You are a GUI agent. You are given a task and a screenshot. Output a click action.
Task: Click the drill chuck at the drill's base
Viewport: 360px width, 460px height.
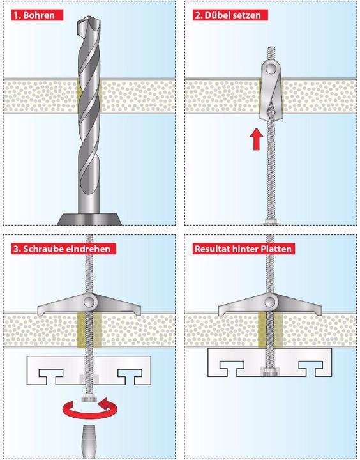pyautogui.click(x=90, y=217)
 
